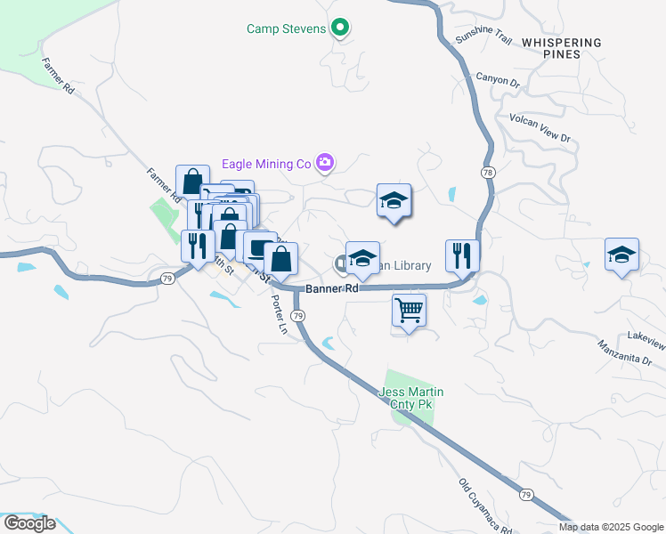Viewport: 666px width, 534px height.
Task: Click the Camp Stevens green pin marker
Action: click(x=339, y=28)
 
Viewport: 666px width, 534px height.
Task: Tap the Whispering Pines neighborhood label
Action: click(x=562, y=48)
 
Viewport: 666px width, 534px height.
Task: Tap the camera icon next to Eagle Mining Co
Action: click(x=326, y=163)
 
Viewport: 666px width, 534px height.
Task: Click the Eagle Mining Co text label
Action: click(x=265, y=164)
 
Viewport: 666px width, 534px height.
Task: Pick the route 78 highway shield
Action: click(x=487, y=171)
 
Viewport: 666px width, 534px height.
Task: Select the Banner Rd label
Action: click(x=331, y=289)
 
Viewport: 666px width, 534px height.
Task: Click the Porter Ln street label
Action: click(x=279, y=315)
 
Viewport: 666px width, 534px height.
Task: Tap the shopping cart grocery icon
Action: click(x=409, y=311)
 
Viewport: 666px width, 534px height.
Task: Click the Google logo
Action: click(x=28, y=523)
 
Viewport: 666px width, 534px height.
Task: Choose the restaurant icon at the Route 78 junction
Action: click(x=462, y=255)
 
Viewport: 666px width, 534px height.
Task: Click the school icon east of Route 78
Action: click(x=621, y=255)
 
